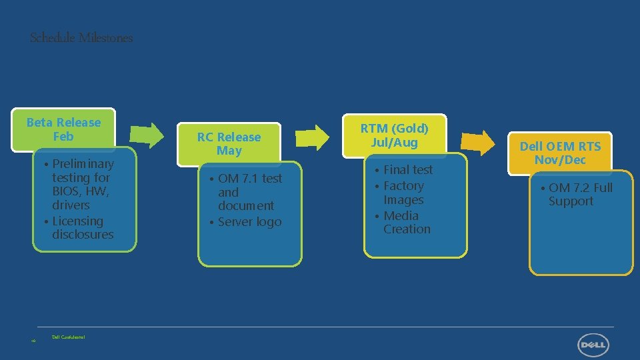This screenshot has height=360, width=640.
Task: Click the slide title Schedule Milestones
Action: coord(81,38)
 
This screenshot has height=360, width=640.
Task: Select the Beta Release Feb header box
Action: coord(63,129)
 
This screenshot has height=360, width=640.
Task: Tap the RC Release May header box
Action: coord(229,144)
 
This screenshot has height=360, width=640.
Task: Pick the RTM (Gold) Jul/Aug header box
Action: coord(395,135)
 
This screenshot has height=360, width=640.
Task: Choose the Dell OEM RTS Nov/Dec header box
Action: coord(560,153)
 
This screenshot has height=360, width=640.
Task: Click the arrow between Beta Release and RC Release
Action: coord(147,135)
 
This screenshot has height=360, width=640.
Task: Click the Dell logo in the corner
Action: coord(593,345)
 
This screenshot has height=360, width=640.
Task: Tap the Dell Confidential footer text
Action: coord(69,337)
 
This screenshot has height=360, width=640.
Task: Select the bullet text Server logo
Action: coord(249,222)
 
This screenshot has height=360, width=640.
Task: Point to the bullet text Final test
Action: coord(407,170)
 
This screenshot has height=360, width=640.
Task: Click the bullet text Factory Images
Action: coord(403,193)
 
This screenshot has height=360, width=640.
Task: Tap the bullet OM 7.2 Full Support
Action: coord(579,195)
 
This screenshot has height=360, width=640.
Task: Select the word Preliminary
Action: coord(83,164)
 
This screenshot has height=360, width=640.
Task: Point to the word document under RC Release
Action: coord(246,206)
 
